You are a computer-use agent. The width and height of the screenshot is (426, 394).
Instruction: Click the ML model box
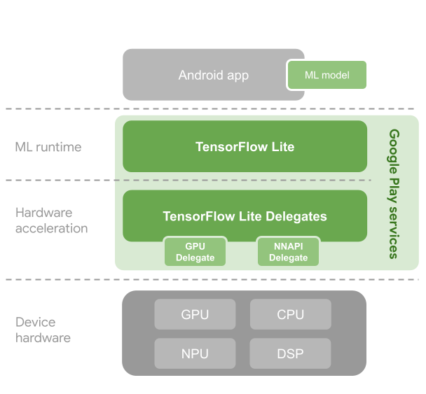pos(327,75)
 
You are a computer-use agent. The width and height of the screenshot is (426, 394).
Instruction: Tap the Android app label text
pos(213,75)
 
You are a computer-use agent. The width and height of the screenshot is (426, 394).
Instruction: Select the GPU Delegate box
pos(195,252)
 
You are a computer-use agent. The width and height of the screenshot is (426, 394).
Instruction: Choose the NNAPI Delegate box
pos(288,252)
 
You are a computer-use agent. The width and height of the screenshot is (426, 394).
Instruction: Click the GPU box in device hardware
pos(195,314)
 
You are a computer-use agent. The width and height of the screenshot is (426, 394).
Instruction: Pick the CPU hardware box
pos(290,314)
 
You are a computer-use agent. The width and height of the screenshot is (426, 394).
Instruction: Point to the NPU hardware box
pos(195,353)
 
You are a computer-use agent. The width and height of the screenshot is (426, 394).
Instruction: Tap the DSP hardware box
pos(290,353)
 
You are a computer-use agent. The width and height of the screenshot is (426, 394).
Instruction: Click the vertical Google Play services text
pos(394,194)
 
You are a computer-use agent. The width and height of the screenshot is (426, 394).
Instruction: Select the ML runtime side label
pos(48,147)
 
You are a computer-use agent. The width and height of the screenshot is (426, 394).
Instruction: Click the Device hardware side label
pos(43,330)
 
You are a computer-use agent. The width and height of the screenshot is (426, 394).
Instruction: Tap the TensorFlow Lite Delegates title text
pos(245,216)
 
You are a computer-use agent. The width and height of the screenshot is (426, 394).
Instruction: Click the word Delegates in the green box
pos(296,216)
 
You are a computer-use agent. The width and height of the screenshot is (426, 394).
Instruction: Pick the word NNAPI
pos(288,246)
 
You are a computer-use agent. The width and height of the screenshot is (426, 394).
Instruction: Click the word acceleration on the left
pos(52,228)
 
